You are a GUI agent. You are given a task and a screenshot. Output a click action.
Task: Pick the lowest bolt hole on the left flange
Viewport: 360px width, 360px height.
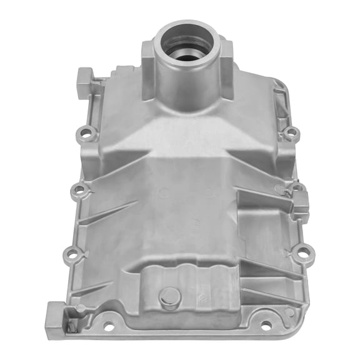tap(72, 255)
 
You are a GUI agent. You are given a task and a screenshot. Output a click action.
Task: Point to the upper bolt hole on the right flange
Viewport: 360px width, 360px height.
tap(291, 132)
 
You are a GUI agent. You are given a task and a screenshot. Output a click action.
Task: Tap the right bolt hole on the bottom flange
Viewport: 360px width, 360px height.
tap(266, 324)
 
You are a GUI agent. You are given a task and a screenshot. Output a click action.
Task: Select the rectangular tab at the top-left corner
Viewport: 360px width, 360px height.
tap(84, 82)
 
